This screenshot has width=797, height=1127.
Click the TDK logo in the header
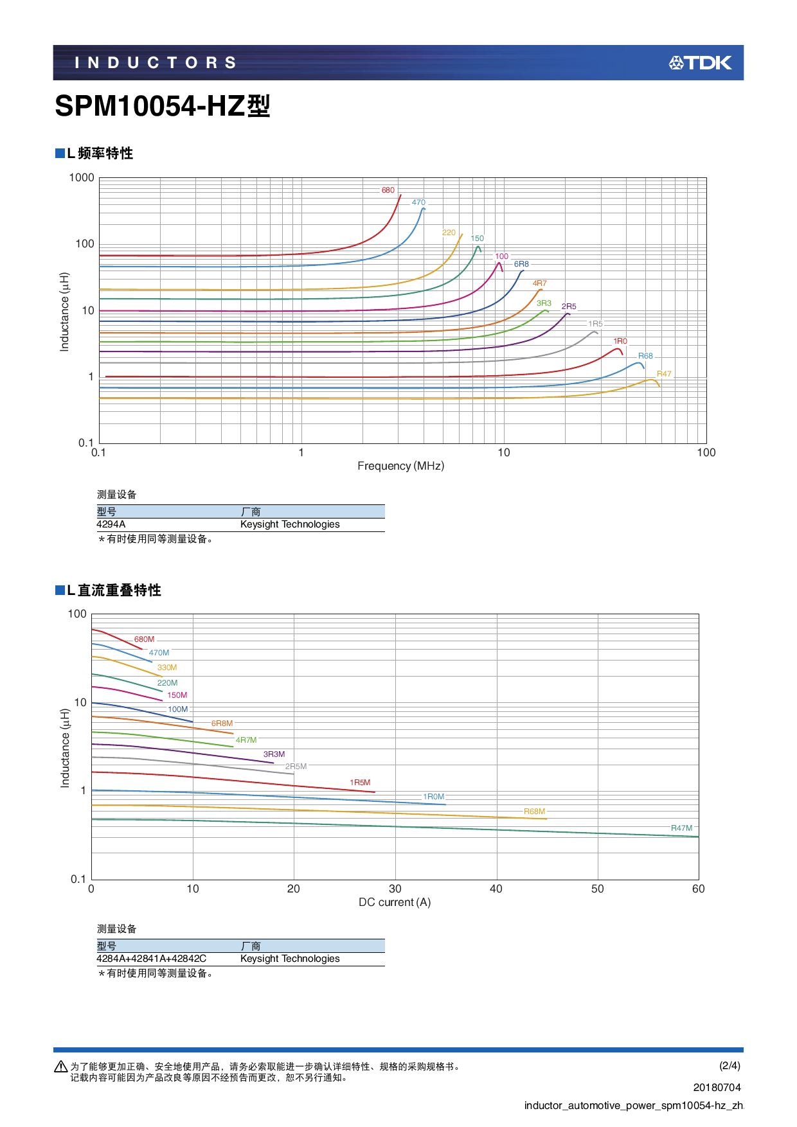pyautogui.click(x=700, y=63)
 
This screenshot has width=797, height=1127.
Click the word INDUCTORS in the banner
pyautogui.click(x=156, y=63)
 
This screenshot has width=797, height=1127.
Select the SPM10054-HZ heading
pyautogui.click(x=162, y=106)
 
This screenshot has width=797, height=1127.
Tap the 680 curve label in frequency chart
pyautogui.click(x=388, y=190)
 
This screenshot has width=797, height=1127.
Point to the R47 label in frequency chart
pyautogui.click(x=664, y=374)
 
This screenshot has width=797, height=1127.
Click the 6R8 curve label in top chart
pyautogui.click(x=521, y=264)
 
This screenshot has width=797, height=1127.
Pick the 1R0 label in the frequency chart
pyautogui.click(x=620, y=341)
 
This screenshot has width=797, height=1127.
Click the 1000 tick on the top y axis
pyautogui.click(x=82, y=178)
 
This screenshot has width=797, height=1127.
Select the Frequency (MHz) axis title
pyautogui.click(x=400, y=466)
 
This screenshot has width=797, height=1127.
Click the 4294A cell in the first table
pyautogui.click(x=111, y=524)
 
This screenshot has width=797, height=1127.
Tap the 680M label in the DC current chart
pyautogui.click(x=144, y=639)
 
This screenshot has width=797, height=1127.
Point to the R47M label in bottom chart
pyautogui.click(x=681, y=828)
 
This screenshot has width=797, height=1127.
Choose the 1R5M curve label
pyautogui.click(x=360, y=783)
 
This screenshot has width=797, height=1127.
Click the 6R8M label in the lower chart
pyautogui.click(x=222, y=723)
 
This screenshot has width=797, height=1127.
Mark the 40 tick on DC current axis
pyautogui.click(x=496, y=889)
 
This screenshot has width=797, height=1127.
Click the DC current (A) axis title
pyautogui.click(x=395, y=902)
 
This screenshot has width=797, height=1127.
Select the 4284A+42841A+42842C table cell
pyautogui.click(x=152, y=959)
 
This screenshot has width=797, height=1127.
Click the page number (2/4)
pyautogui.click(x=730, y=1065)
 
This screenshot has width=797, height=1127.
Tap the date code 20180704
pyautogui.click(x=717, y=1087)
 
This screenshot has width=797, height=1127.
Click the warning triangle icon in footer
pyautogui.click(x=61, y=1067)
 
